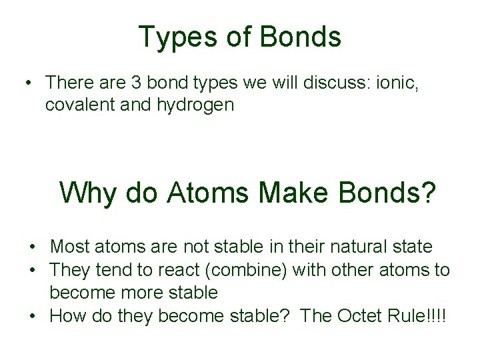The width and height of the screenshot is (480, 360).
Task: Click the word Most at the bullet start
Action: (x=69, y=247)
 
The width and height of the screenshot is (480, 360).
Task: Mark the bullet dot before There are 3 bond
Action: (x=25, y=83)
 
